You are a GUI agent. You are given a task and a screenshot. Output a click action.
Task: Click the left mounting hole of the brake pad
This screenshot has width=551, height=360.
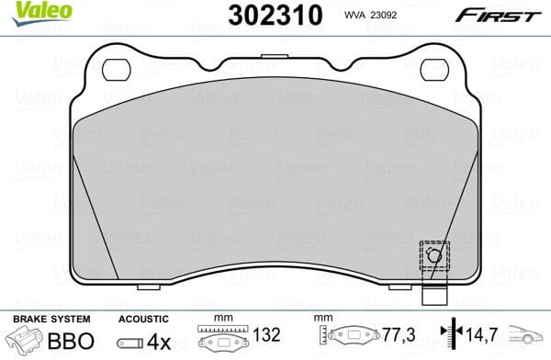tap(117, 69)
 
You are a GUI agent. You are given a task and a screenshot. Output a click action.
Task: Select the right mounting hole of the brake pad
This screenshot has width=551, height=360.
tap(433, 69)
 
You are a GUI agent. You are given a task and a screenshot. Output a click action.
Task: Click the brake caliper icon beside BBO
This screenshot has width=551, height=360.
tap(28, 340)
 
